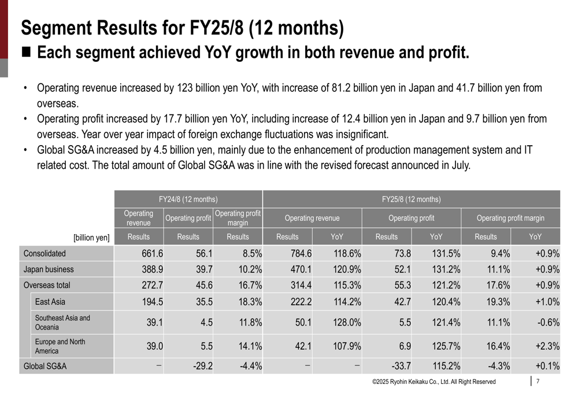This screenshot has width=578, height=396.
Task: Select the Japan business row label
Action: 49,269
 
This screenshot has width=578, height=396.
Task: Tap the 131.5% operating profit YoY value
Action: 446,253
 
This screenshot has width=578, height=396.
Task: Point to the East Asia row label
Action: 51,301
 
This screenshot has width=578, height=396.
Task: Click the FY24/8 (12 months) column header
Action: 188,199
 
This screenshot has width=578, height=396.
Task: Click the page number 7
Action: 538,382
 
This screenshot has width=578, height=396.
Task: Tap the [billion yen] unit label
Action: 91,237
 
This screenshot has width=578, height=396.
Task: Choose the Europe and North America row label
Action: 60,346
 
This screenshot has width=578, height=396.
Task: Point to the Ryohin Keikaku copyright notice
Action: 433,382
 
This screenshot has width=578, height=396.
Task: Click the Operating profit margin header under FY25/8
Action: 510,218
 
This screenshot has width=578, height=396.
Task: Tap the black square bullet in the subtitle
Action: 27,53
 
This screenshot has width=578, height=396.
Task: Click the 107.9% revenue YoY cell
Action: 347,346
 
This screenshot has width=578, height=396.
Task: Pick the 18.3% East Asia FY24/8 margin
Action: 250,301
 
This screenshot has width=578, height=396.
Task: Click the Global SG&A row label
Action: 45,366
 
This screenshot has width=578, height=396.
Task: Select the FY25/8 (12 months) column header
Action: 411,199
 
